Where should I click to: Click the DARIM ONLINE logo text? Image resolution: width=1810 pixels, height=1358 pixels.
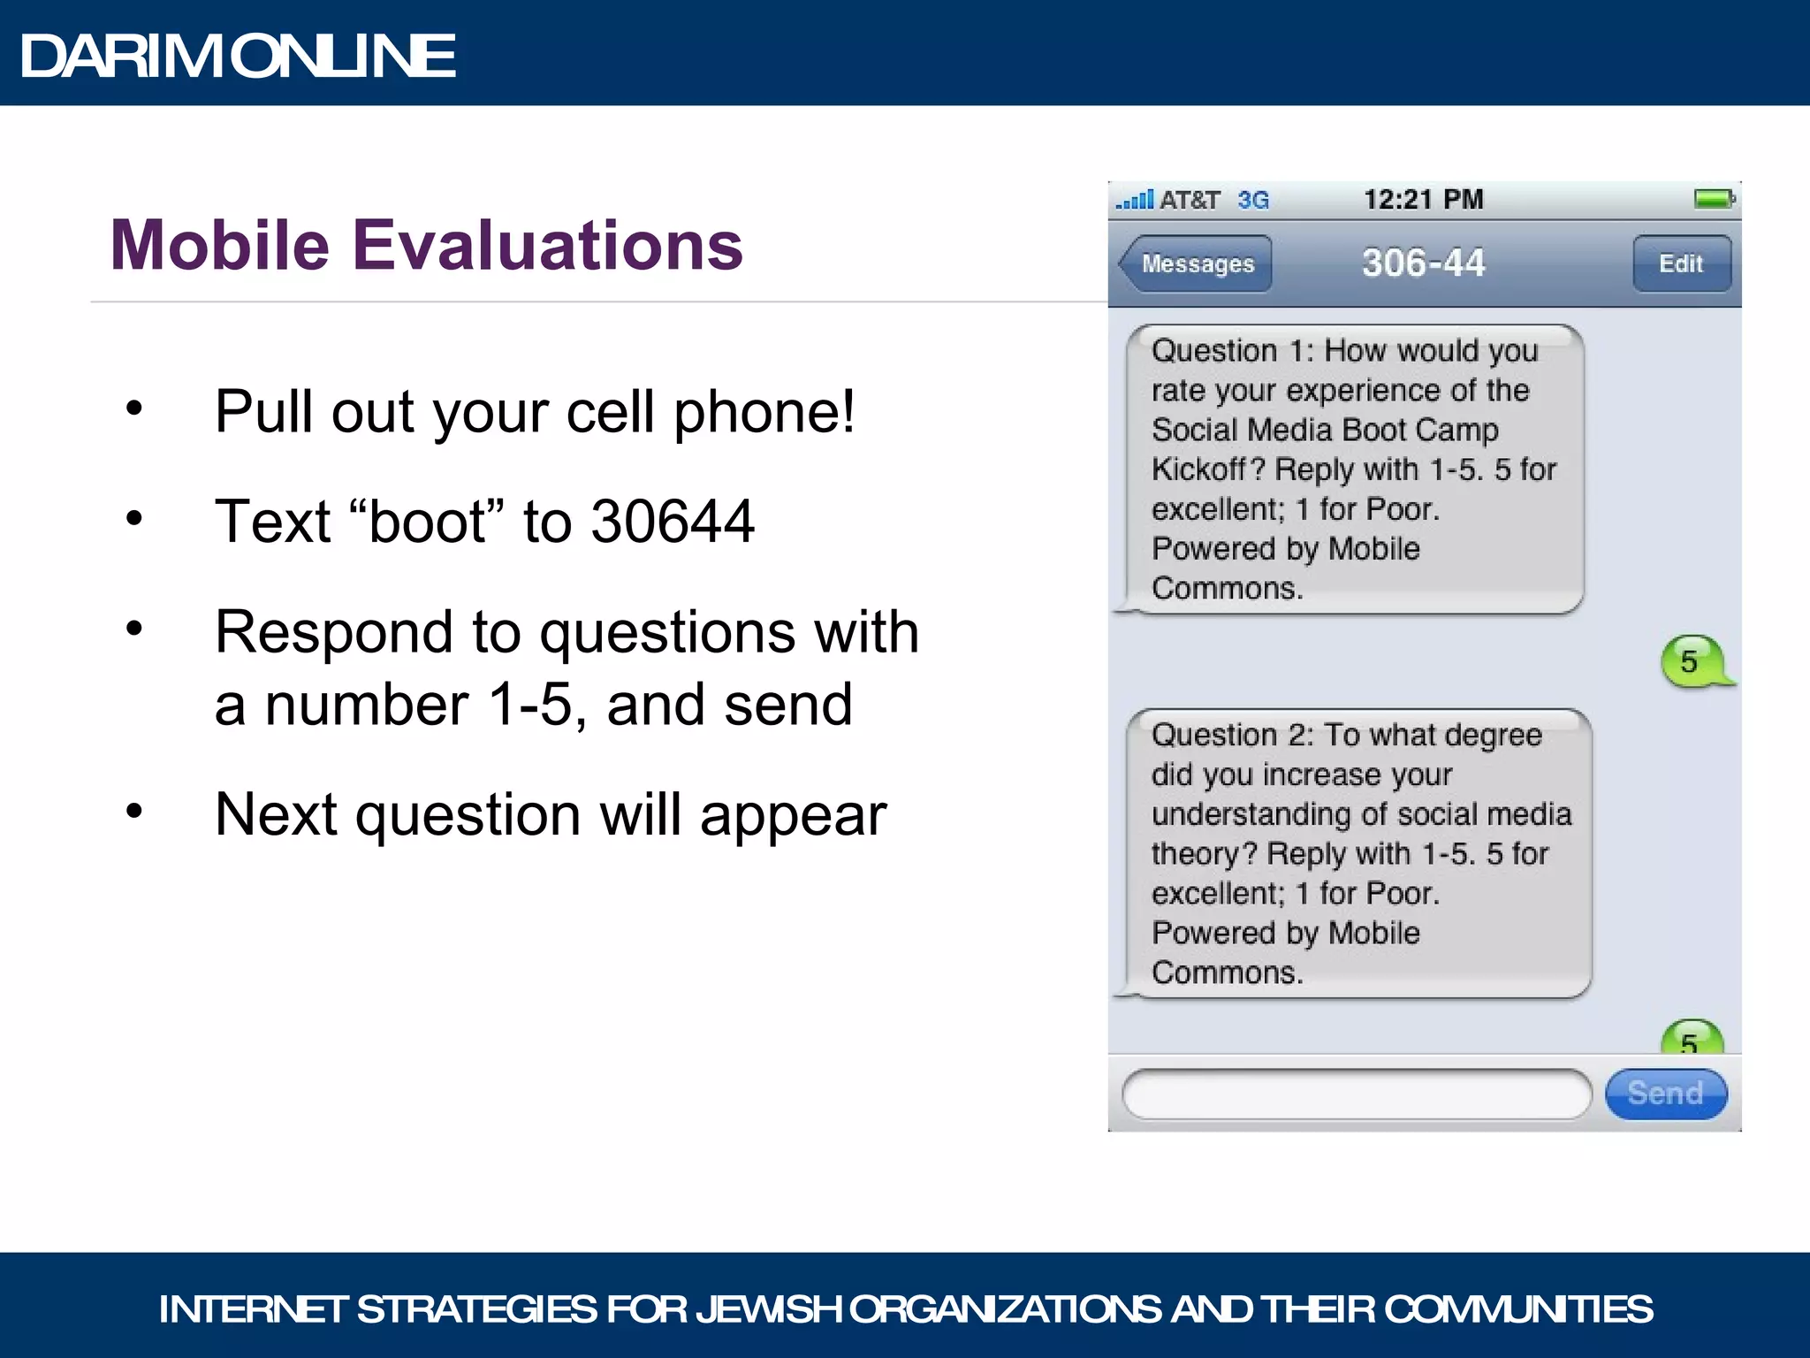coord(238,56)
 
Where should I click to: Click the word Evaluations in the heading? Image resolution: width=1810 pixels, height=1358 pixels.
coord(548,245)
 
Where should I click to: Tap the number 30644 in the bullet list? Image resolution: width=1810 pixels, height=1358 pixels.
coord(673,521)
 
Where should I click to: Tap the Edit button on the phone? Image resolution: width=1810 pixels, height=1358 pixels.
coord(1680,263)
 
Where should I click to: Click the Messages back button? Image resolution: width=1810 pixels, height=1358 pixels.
coord(1196,263)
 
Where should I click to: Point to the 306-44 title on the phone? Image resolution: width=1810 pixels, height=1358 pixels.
coord(1423,263)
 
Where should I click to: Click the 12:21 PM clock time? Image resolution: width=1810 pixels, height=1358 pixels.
coord(1423,199)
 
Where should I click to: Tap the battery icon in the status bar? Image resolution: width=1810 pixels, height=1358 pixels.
coord(1714,199)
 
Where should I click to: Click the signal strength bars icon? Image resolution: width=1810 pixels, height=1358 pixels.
coord(1135,200)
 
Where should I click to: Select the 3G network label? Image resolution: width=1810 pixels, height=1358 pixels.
coord(1252,200)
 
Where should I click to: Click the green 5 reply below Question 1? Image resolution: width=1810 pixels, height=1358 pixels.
coord(1690,661)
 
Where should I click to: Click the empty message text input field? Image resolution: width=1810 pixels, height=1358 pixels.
coord(1356,1095)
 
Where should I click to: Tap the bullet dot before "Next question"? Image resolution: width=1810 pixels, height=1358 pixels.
coord(134,811)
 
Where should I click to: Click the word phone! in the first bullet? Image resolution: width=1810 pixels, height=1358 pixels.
coord(764,412)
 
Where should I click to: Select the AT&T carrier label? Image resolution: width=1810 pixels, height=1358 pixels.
coord(1190,200)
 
